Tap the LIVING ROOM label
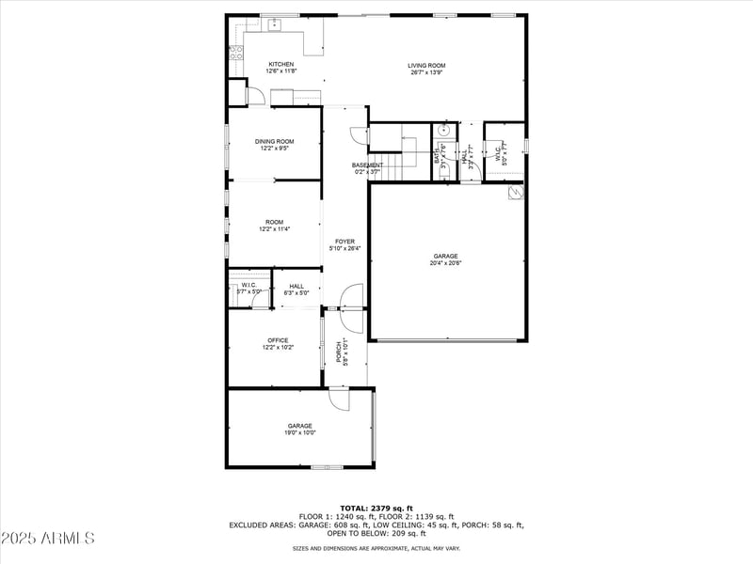point(426,66)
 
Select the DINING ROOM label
point(274,141)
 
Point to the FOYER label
point(344,242)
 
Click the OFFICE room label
point(278,340)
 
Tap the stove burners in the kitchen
point(235,52)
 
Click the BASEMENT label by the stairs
point(367,165)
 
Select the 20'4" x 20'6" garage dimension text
point(445,263)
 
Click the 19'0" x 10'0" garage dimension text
point(300,433)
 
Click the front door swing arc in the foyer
point(351,295)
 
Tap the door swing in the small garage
point(338,399)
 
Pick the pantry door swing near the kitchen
point(255,95)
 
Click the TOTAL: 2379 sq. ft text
point(376,508)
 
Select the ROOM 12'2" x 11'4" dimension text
point(274,228)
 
